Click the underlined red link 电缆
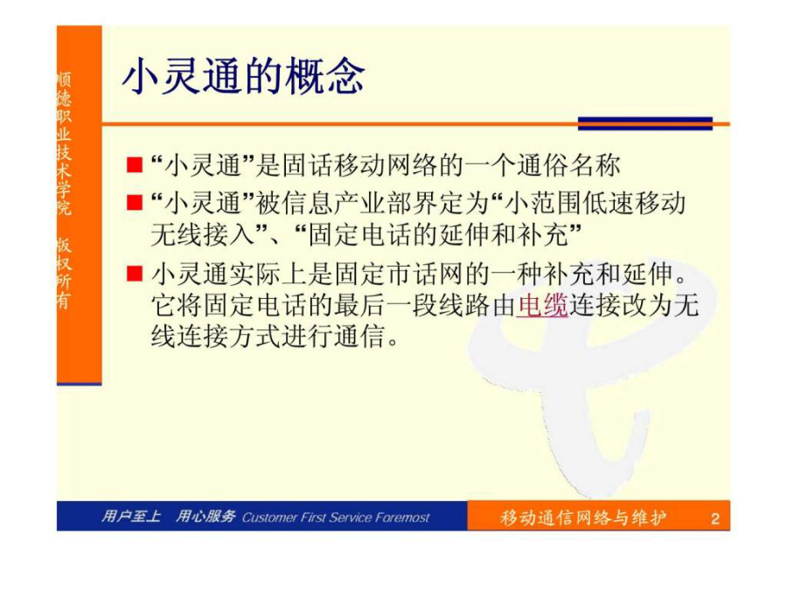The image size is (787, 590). pos(542,305)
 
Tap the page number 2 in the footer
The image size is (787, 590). pos(714,517)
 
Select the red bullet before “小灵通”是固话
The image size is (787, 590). pos(135,165)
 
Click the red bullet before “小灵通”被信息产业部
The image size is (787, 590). pos(135,203)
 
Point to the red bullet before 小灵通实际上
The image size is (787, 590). pos(135,274)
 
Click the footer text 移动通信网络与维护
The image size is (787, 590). pos(582,517)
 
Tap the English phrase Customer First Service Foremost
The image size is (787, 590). pos(335,517)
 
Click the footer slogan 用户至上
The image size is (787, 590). pos(131,517)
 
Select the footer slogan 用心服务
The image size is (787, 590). pos(205,517)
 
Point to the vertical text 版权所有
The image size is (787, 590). pos(64,273)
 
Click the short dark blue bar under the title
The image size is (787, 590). pos(645,123)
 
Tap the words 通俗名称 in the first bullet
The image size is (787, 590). pos(568,165)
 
